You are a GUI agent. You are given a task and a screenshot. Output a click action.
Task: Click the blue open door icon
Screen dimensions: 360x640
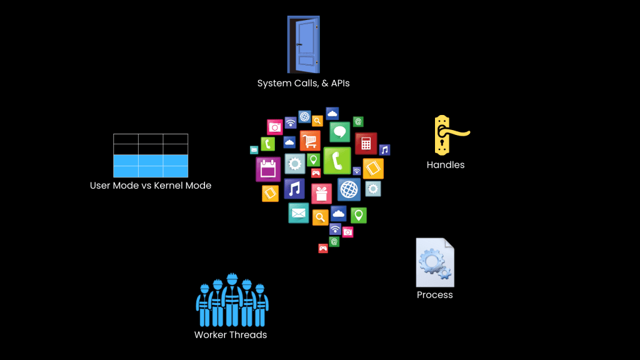click(303, 44)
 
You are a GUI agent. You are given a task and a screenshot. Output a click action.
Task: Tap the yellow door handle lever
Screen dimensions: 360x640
click(457, 132)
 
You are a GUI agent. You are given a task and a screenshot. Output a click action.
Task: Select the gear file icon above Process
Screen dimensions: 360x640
click(434, 262)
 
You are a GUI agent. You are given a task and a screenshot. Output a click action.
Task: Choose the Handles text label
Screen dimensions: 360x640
click(446, 165)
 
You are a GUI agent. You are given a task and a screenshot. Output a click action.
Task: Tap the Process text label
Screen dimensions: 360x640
click(434, 295)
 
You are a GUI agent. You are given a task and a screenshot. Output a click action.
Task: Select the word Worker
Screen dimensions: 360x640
click(211, 335)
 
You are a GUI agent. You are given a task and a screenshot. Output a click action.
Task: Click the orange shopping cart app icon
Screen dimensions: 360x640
click(310, 140)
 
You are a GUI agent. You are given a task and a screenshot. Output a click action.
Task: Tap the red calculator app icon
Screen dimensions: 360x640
click(366, 143)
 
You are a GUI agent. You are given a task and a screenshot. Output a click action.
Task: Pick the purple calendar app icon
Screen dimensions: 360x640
click(267, 169)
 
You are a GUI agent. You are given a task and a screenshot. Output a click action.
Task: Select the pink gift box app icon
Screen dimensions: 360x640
click(322, 192)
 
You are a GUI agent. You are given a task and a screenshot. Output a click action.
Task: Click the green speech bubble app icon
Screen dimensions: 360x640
click(340, 132)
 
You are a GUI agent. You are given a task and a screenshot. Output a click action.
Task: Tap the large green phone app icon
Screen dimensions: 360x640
click(336, 161)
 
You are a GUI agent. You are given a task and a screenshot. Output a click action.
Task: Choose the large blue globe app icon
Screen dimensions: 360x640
click(349, 189)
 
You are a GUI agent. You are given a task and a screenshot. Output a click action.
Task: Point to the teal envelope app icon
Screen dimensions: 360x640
click(298, 213)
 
